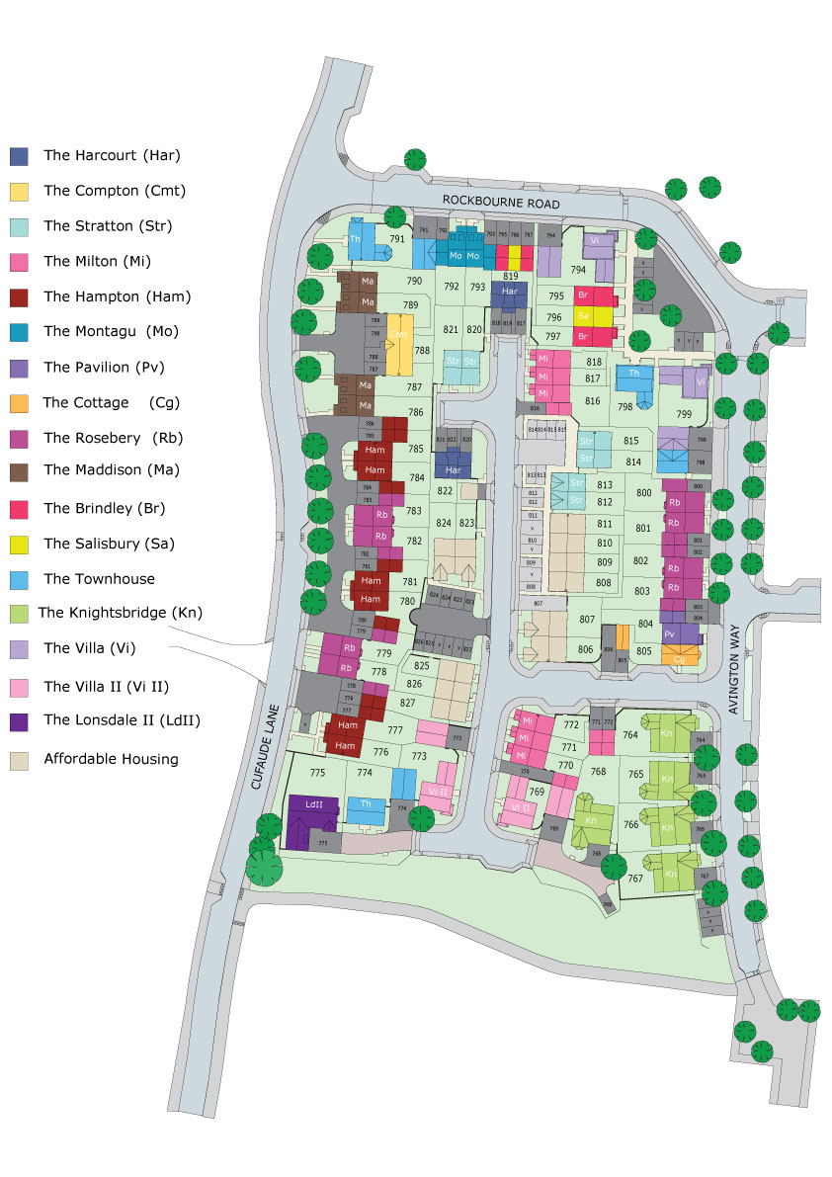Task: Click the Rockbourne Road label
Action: tap(501, 202)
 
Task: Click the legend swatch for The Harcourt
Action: tap(20, 156)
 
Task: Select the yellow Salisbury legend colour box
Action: tap(20, 544)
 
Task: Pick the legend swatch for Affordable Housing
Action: tap(20, 760)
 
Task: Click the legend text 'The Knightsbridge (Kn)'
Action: tap(120, 613)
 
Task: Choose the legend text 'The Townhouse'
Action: tap(99, 579)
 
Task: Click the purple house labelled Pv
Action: tap(670, 633)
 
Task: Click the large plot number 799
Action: tap(684, 414)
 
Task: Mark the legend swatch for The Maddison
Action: tap(20, 473)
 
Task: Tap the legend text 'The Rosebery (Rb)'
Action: tap(114, 438)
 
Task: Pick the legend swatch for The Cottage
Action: tap(20, 403)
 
